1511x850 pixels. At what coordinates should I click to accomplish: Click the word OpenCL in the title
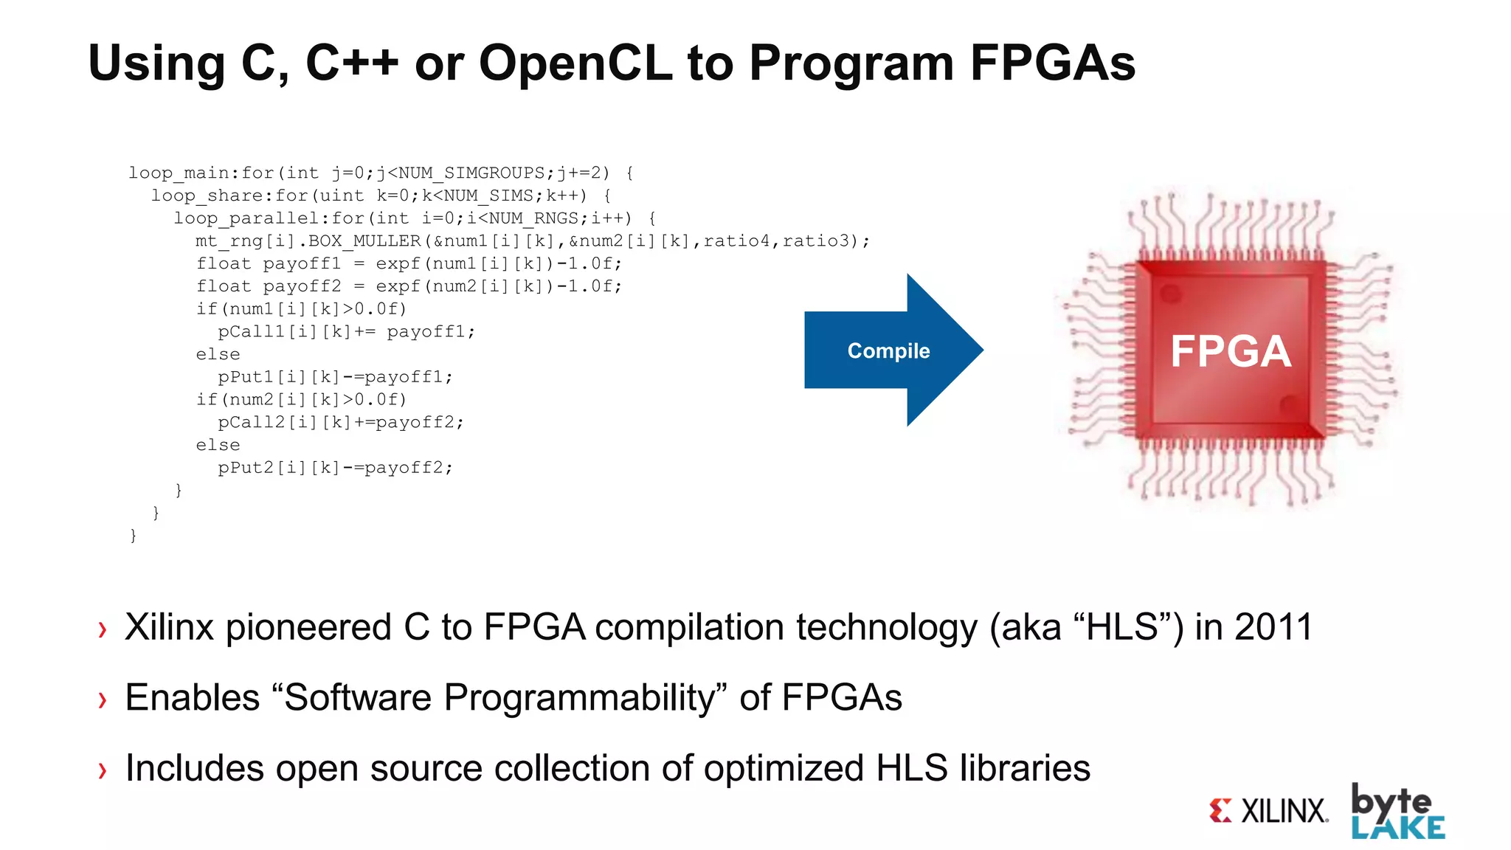coord(575,63)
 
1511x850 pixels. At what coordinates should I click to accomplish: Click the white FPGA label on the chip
coord(1230,351)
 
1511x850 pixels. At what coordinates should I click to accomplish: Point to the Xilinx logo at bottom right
coord(1269,811)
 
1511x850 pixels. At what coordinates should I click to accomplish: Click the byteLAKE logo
coord(1397,812)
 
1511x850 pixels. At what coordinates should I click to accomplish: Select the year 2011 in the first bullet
coord(1273,628)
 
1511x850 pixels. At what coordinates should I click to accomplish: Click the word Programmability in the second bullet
coord(573,698)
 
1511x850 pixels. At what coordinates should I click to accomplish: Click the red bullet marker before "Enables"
coord(103,699)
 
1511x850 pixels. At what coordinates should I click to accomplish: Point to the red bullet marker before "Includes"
coord(103,770)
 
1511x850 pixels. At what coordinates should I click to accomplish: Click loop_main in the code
coord(179,173)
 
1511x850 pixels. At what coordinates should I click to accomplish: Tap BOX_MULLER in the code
coord(364,241)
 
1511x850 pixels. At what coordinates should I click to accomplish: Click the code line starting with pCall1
coord(346,332)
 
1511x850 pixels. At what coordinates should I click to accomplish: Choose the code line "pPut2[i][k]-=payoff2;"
coord(335,468)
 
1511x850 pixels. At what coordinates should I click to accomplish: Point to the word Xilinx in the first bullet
coord(170,628)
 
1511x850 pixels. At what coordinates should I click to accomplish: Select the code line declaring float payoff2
coord(409,286)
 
